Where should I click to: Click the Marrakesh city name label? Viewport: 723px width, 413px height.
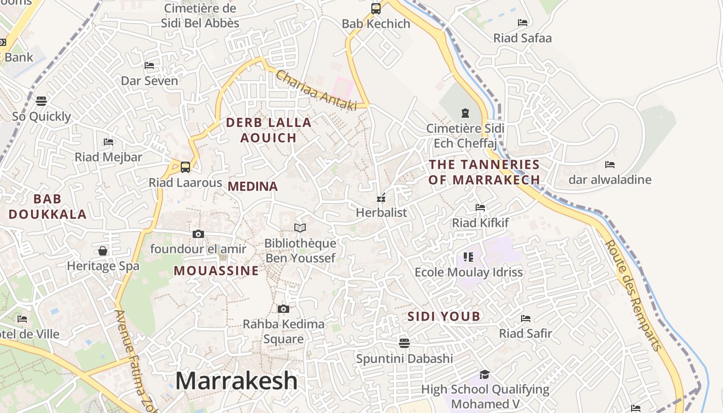click(237, 381)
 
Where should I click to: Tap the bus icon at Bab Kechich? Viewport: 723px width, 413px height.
click(376, 9)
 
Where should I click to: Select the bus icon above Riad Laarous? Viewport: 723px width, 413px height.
click(185, 167)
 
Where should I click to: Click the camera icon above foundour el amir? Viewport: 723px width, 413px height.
click(198, 234)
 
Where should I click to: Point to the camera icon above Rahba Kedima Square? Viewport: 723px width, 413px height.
click(284, 309)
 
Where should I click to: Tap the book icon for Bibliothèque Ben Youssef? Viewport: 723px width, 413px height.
click(300, 228)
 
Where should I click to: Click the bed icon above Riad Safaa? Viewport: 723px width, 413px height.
click(523, 23)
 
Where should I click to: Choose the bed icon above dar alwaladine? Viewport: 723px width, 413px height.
click(610, 165)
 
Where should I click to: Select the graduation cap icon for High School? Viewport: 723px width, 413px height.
click(484, 374)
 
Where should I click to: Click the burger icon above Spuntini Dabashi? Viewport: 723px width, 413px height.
click(404, 343)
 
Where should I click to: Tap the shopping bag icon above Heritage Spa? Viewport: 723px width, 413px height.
click(103, 251)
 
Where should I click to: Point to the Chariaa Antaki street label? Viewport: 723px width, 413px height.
click(317, 90)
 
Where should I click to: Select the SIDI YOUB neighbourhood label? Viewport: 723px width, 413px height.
click(444, 316)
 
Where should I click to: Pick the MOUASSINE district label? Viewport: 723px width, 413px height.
click(216, 271)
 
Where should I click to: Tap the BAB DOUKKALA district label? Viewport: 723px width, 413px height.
click(48, 206)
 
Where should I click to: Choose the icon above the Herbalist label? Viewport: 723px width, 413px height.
click(382, 198)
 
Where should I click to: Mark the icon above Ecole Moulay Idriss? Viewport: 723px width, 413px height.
click(468, 257)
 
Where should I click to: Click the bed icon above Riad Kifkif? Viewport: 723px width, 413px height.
click(480, 208)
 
